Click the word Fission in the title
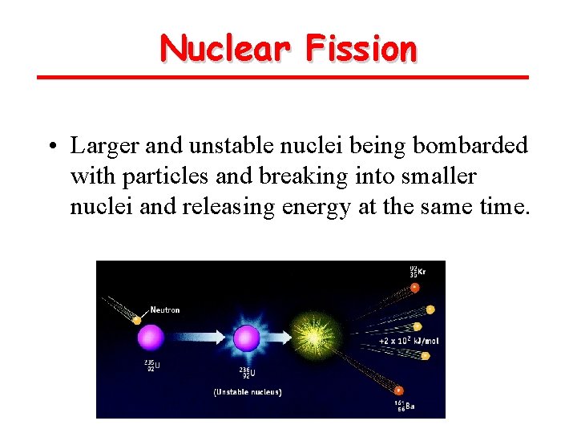tap(361, 48)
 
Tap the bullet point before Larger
tap(50, 147)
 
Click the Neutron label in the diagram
tap(164, 310)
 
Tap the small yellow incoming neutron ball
tap(136, 321)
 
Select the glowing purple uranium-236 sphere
tap(247, 338)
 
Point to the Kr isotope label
tap(418, 272)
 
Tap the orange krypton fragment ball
tap(415, 287)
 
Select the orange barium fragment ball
tap(400, 391)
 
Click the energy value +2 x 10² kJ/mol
tap(409, 341)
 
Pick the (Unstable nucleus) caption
tap(247, 392)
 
